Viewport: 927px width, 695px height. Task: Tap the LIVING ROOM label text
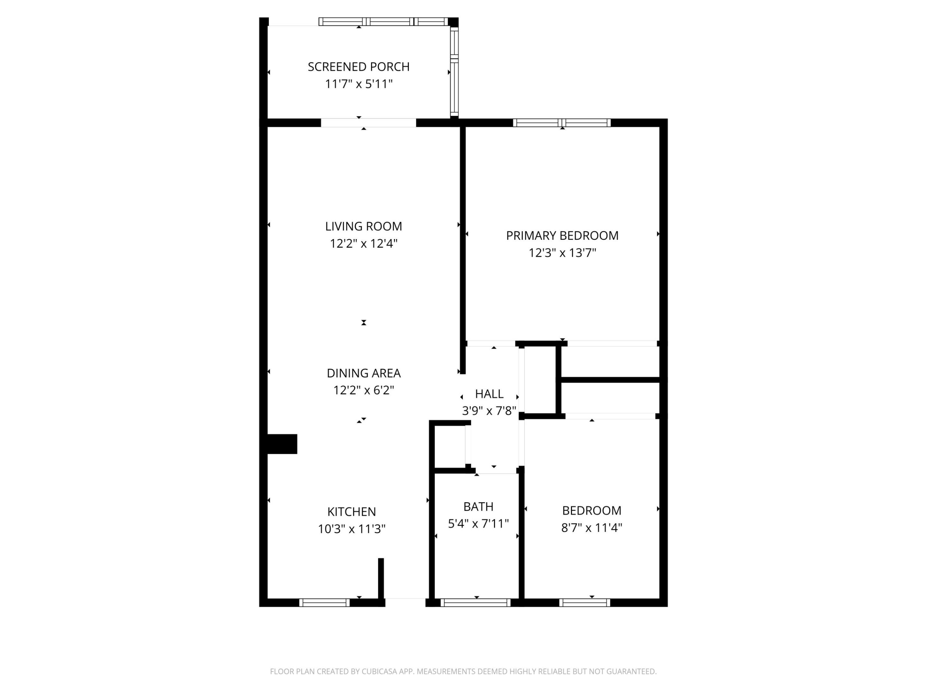(x=363, y=226)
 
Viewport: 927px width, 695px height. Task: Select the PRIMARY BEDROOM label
(x=562, y=236)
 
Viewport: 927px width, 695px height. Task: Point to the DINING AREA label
(x=363, y=373)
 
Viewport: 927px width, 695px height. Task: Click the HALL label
(x=489, y=394)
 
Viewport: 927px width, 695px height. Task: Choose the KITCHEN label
(x=351, y=512)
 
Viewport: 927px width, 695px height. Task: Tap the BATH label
(x=478, y=506)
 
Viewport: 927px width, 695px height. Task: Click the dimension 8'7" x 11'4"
(x=591, y=527)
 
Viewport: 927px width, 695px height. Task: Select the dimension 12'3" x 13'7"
(x=562, y=253)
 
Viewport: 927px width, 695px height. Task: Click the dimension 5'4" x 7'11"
(x=478, y=524)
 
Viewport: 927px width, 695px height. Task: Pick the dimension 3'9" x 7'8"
(x=489, y=411)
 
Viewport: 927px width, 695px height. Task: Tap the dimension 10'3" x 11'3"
(x=351, y=529)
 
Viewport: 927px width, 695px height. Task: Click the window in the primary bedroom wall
(x=562, y=123)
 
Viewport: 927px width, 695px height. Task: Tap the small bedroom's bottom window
(x=584, y=602)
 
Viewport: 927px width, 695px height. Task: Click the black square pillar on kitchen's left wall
(x=282, y=444)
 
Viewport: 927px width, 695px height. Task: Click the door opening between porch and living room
(x=368, y=123)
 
